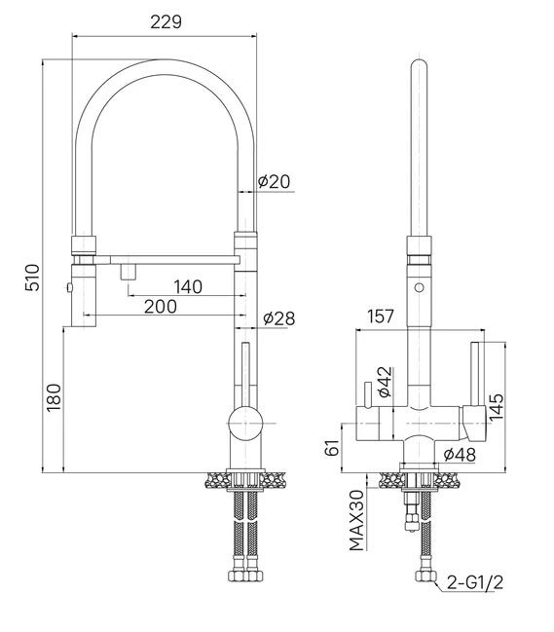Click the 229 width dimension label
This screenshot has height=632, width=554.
(166, 21)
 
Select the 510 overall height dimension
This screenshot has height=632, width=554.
(32, 278)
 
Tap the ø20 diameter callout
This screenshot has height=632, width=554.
(274, 182)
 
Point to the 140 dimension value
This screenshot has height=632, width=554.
(188, 287)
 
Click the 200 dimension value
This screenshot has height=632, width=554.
(161, 307)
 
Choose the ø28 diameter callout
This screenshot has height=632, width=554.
(279, 318)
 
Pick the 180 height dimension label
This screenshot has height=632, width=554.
(54, 397)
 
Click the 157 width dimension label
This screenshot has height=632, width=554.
(381, 316)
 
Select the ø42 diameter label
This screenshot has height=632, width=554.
(386, 382)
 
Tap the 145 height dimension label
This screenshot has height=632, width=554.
(497, 407)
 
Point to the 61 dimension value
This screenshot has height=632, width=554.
(333, 447)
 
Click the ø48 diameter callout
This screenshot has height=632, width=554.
(460, 455)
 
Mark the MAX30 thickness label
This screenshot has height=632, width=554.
(357, 520)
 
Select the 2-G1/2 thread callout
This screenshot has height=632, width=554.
(475, 582)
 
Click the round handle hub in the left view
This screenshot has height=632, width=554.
(245, 424)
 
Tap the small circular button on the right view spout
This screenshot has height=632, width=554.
(420, 288)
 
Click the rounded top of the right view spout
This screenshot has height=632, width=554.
(420, 64)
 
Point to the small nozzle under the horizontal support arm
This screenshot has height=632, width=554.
(129, 272)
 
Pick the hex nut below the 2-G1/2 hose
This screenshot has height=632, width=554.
(425, 576)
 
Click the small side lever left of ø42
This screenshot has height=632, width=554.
(367, 394)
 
